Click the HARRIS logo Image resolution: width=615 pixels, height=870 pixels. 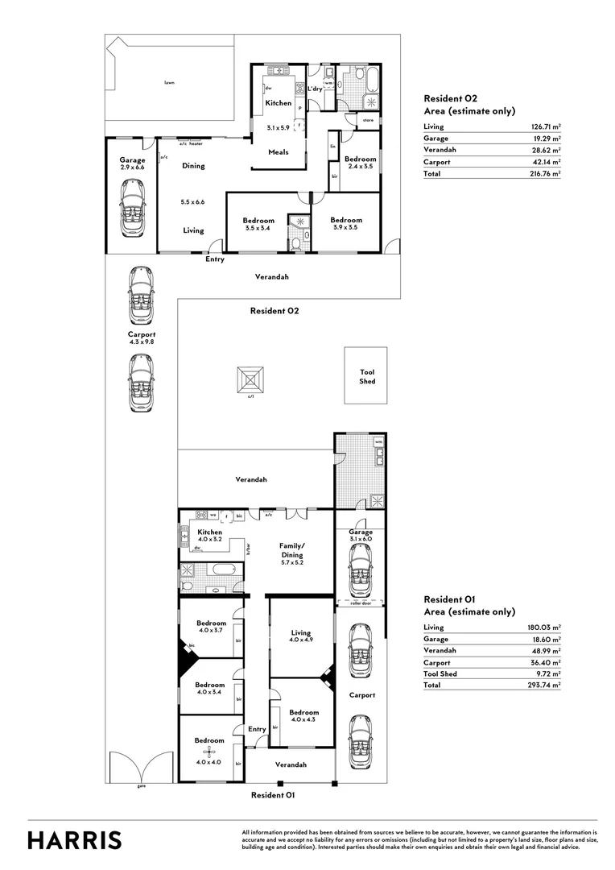pos(75,840)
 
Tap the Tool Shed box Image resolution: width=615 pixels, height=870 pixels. pos(366,376)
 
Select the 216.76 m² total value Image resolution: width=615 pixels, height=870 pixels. pos(544,173)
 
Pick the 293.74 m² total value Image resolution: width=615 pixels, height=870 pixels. pos(544,685)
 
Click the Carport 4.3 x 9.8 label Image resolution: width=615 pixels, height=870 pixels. pos(141,338)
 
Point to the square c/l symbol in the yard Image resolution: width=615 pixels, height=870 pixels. pos(250,380)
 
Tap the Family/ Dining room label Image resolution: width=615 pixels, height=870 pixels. pos(291,550)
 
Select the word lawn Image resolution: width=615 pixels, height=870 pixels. pos(169,82)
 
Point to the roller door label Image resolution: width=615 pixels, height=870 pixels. pos(360,603)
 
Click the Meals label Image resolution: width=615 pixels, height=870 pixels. pos(279,152)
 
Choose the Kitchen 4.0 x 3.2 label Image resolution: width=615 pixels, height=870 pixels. pos(210,536)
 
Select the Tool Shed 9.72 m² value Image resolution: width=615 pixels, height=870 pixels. pos(546,673)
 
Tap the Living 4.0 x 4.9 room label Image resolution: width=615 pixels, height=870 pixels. pos(301,637)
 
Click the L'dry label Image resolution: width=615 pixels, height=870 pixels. pos(315,89)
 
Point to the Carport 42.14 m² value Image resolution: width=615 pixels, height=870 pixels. pos(545,162)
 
